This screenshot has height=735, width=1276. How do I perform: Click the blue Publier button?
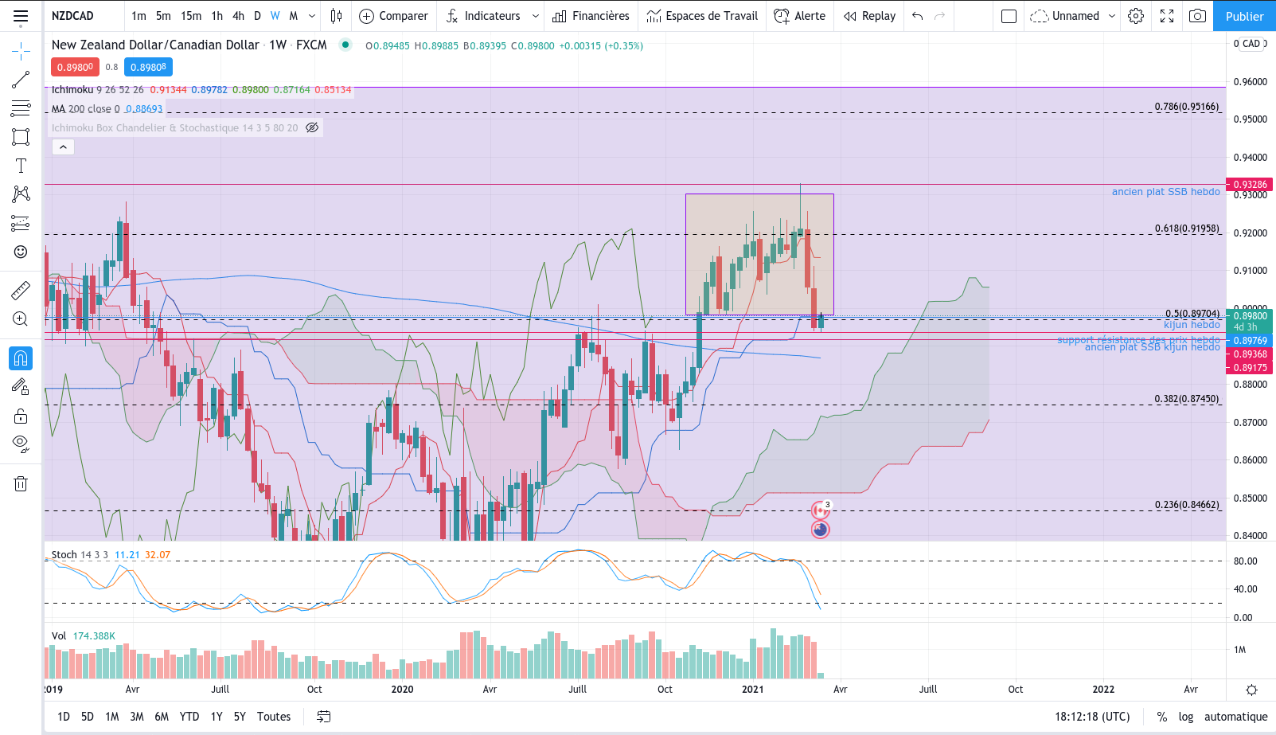click(x=1244, y=16)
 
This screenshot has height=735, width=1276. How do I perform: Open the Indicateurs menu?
click(x=491, y=16)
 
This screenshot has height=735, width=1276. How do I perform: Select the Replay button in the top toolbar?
click(x=870, y=16)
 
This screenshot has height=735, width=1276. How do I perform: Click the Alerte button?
click(x=800, y=16)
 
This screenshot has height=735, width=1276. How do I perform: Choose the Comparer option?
click(x=394, y=16)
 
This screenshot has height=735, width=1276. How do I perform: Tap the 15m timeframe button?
click(x=191, y=16)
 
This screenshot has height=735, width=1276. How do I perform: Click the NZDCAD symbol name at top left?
click(x=72, y=16)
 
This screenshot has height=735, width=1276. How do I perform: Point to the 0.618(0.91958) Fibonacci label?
click(x=1186, y=229)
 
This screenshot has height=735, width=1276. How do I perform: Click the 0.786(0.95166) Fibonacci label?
click(x=1186, y=107)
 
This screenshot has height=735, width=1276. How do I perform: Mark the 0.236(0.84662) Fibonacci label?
click(x=1186, y=505)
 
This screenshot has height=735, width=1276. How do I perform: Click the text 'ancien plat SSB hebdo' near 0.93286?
click(x=1165, y=192)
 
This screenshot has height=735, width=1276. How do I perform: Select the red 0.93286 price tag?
click(x=1251, y=185)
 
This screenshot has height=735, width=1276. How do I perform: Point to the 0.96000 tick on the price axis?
click(x=1250, y=82)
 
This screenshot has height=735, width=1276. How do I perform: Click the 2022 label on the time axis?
click(x=1103, y=690)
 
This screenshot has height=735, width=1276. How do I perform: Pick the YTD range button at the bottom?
click(x=189, y=717)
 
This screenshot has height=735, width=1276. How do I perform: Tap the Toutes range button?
click(x=274, y=717)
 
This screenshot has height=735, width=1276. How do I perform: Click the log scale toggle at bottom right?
click(x=1186, y=717)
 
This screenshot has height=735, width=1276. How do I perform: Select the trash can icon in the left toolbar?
click(x=21, y=483)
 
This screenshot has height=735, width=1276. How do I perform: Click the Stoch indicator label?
click(x=64, y=555)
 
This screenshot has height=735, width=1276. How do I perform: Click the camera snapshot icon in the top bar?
click(x=1197, y=16)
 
